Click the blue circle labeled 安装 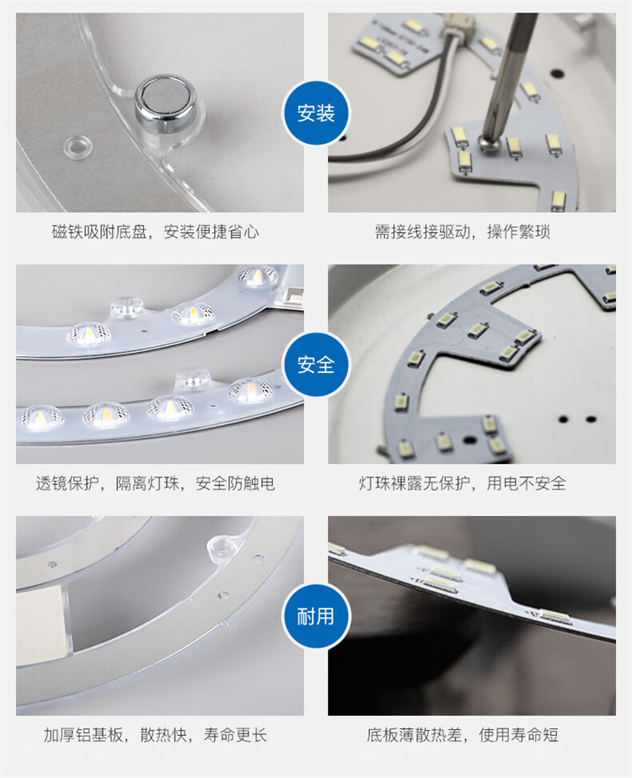click(x=316, y=113)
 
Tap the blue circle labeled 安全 click(x=316, y=365)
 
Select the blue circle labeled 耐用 click(x=316, y=616)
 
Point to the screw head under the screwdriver click(x=486, y=141)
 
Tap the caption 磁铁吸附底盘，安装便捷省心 click(x=155, y=232)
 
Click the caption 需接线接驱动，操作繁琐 click(x=463, y=232)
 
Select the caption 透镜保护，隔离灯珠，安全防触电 click(x=155, y=482)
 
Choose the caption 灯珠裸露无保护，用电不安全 click(x=463, y=482)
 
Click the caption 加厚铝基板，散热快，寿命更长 click(x=155, y=734)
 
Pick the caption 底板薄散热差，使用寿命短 click(x=463, y=734)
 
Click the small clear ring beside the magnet click(x=78, y=146)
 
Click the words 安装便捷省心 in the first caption click(x=212, y=232)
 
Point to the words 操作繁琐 click(x=518, y=232)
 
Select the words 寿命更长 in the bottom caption click(x=235, y=734)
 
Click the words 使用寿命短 click(x=518, y=734)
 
